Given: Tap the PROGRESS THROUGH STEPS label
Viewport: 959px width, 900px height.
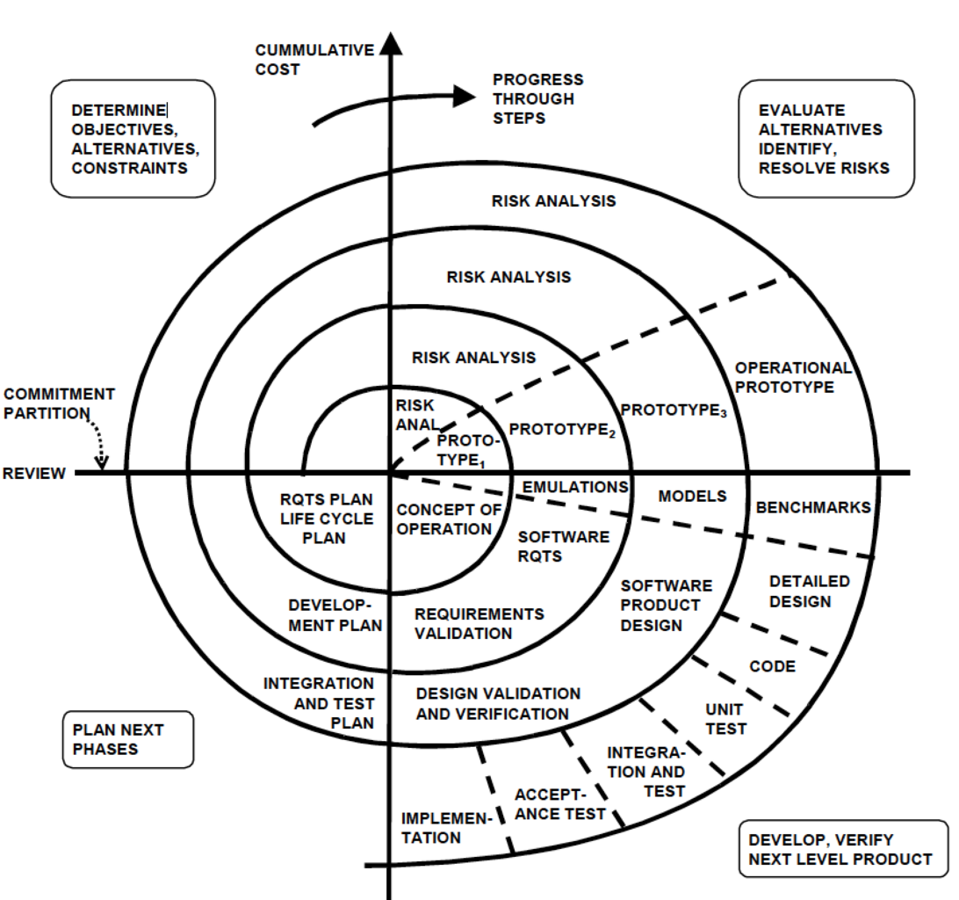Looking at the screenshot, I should tap(537, 98).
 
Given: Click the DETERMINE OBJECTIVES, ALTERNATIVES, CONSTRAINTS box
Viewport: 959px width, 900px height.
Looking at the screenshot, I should tap(134, 138).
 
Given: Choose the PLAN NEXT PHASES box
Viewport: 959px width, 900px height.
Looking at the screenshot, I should tap(128, 739).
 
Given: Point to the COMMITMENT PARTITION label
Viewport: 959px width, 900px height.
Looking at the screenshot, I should tap(58, 403).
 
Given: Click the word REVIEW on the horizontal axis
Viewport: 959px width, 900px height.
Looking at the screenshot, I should tap(33, 474).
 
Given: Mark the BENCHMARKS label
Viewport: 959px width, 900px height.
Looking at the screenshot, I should tap(812, 507).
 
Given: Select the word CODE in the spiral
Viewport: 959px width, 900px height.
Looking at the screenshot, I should tap(772, 666).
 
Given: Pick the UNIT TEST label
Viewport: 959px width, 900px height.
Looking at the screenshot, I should tap(725, 719).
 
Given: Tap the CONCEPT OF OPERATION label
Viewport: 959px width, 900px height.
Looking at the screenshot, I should tap(448, 519).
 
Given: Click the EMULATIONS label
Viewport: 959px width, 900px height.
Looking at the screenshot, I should tap(575, 487).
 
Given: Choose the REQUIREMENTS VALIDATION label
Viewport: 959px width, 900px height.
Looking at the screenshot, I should tap(479, 623).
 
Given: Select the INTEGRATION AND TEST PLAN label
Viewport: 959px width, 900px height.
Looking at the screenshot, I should tap(319, 702).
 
